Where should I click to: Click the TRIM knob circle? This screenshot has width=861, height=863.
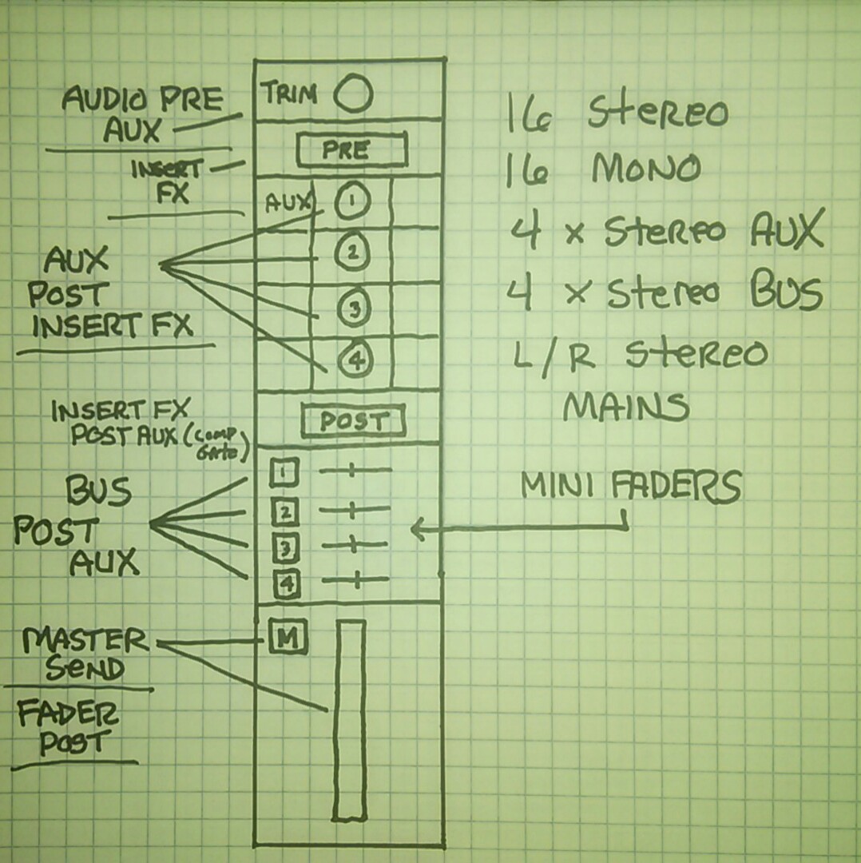[353, 94]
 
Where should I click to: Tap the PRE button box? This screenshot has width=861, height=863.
[351, 150]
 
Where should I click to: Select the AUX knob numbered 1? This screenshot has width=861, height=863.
[352, 202]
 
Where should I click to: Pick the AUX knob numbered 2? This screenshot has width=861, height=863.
[351, 252]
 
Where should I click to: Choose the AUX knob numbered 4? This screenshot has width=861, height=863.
[354, 360]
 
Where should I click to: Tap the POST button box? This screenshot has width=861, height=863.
[353, 421]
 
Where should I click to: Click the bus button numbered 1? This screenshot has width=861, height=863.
[283, 474]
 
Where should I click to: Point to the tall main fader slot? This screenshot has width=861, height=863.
[349, 719]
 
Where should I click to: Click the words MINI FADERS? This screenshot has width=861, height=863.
[630, 487]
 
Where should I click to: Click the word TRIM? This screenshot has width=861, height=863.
[290, 94]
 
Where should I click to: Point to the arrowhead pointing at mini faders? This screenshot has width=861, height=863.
[415, 528]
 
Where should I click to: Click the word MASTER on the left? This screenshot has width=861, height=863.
[86, 640]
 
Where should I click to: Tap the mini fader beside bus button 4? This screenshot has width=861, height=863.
[355, 580]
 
